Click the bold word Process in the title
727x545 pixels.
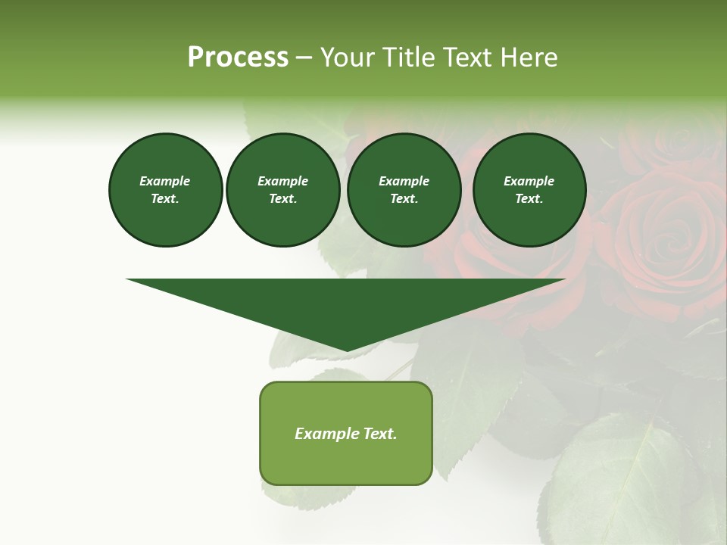[x=238, y=58]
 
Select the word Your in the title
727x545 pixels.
[x=346, y=58]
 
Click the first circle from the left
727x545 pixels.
[x=165, y=190]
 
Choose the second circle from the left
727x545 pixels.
[x=282, y=190]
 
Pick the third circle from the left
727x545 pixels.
[x=404, y=190]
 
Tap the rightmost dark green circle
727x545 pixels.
[x=529, y=190]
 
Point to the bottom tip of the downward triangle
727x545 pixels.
[x=347, y=350]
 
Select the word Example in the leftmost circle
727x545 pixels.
[x=165, y=181]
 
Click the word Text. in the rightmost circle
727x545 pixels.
[x=529, y=199]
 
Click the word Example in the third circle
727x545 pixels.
[x=404, y=181]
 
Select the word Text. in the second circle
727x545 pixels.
[x=282, y=199]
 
